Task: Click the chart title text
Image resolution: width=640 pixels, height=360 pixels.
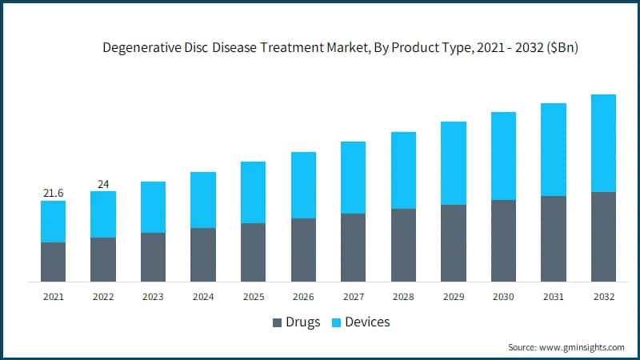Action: (340, 48)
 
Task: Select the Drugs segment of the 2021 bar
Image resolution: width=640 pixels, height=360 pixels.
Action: (54, 262)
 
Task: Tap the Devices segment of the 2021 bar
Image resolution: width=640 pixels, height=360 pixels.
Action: (54, 222)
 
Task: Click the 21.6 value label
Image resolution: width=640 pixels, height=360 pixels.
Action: (54, 194)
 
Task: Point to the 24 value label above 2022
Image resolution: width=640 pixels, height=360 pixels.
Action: (103, 184)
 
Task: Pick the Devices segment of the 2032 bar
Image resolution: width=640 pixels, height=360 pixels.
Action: (603, 143)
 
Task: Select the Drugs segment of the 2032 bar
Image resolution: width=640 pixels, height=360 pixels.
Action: (603, 237)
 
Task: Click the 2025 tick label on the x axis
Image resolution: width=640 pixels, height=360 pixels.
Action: (253, 297)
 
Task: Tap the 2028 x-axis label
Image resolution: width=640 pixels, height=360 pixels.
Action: (403, 297)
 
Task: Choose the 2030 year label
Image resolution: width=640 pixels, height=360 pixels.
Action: (503, 297)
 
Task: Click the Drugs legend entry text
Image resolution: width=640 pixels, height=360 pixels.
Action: (303, 322)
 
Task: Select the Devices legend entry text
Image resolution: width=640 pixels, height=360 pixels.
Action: (368, 322)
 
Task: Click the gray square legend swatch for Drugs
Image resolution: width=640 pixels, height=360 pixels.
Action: (278, 323)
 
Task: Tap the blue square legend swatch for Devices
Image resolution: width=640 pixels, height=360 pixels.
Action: (337, 323)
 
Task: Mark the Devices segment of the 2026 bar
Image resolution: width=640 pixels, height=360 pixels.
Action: (303, 185)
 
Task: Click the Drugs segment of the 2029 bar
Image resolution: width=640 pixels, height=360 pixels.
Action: (453, 243)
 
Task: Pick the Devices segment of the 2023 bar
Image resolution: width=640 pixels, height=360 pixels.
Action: (153, 207)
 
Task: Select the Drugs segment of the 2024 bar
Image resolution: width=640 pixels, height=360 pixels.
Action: (203, 254)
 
